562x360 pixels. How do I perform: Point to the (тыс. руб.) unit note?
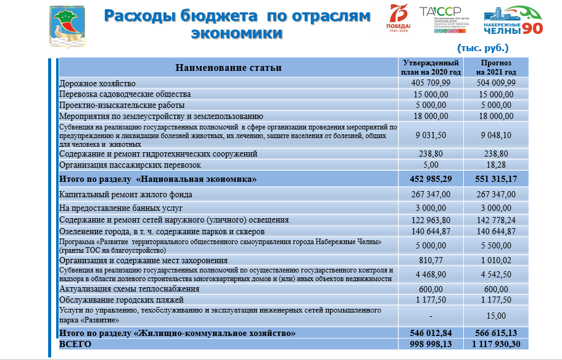coord(483,47)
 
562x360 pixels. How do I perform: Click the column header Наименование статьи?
coord(228,68)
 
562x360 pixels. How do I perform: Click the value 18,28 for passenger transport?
coord(497,165)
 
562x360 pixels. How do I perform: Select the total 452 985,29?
coord(431,179)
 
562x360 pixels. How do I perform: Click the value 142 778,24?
coord(497,219)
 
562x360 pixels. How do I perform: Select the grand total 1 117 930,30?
coord(497,344)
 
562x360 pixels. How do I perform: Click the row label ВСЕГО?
coord(75,344)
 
